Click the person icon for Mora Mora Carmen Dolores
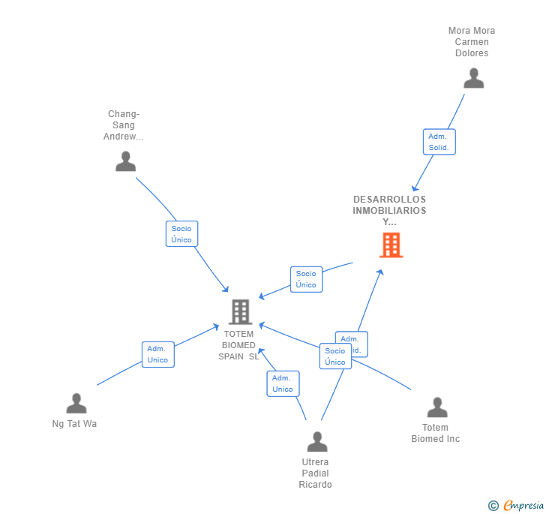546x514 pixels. pos(473,79)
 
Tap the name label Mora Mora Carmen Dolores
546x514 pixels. pos(472,42)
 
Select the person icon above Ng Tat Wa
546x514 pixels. pos(76,404)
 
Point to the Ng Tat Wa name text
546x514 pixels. pos(74,424)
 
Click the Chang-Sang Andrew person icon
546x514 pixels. pos(125,161)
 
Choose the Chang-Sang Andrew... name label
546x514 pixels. pos(124,125)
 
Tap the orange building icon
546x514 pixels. pos(391,245)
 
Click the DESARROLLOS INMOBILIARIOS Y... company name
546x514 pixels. pos(389,210)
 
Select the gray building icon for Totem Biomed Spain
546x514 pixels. pos(240,311)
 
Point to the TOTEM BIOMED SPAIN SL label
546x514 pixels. pos(238,345)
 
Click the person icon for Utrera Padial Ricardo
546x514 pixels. pos(317,442)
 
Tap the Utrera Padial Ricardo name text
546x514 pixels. pos(315,473)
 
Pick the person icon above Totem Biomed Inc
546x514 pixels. pos(436,407)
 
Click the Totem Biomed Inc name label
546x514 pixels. pos(435,433)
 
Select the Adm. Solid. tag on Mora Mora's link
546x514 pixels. pos(439,142)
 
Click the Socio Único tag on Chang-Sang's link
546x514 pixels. pos(181,234)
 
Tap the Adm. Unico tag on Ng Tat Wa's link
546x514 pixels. pos(157,354)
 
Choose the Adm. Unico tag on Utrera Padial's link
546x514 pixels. pos(283,383)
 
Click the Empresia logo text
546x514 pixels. pos(523,505)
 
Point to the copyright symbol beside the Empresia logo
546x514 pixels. pos(493,506)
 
